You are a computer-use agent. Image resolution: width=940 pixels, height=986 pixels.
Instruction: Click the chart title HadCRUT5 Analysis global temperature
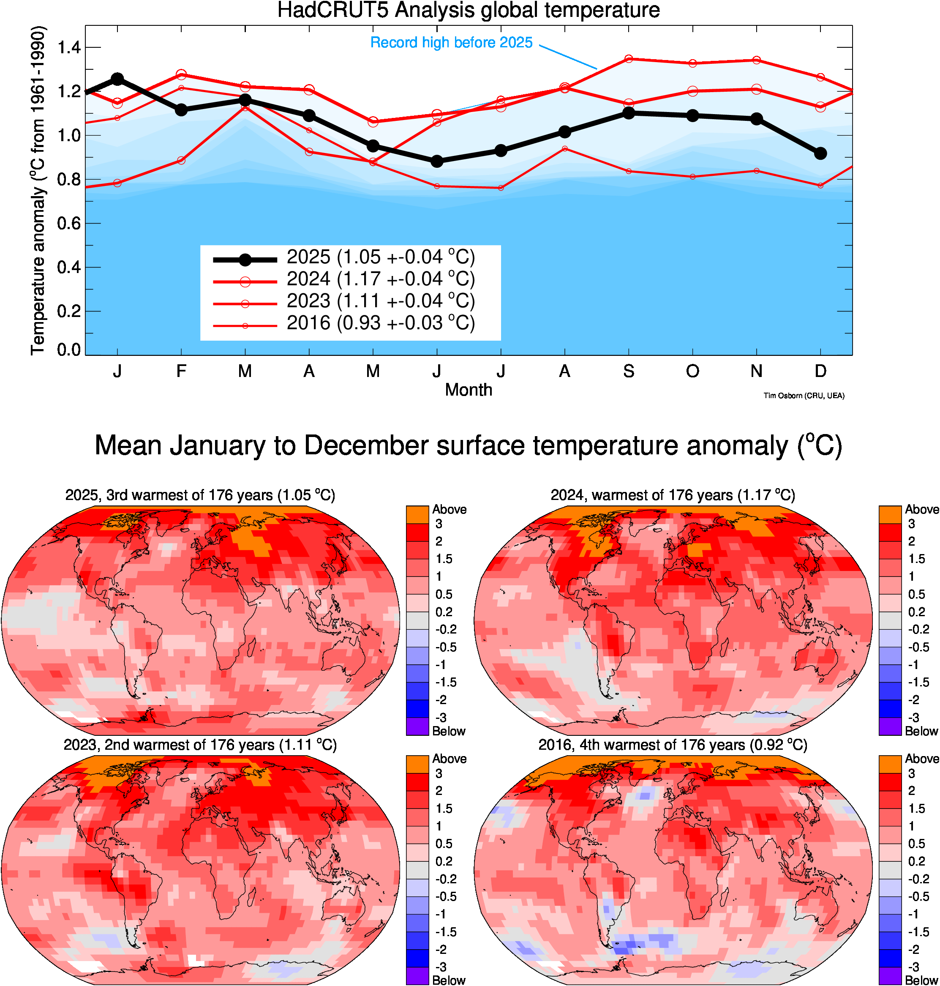469,10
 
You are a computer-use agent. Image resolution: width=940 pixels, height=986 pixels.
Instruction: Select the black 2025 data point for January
117,79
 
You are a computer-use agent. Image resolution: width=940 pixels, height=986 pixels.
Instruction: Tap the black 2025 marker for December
820,153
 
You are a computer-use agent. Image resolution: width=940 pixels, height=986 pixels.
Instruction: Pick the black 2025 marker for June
437,161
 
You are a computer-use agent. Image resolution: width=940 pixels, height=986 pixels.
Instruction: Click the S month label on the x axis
628,371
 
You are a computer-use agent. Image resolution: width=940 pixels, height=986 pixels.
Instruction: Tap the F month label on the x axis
181,371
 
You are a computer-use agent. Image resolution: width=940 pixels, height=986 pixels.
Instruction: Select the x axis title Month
469,390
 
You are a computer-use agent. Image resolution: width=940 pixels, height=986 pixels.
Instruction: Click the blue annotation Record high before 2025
451,43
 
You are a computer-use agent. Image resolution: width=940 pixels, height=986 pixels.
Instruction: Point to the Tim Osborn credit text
804,396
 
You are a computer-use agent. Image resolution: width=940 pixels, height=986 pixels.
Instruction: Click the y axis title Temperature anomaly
38,191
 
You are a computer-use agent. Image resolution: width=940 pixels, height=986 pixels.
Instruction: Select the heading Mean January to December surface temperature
469,445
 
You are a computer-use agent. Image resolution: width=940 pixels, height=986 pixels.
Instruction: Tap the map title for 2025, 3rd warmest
200,495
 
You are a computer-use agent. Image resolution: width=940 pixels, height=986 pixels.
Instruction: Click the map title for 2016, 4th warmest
673,745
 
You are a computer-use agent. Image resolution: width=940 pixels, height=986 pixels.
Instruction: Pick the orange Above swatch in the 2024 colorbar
890,515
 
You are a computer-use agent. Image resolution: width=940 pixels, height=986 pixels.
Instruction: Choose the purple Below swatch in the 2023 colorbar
417,975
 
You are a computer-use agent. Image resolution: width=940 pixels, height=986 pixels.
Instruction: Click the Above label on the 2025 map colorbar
450,510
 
